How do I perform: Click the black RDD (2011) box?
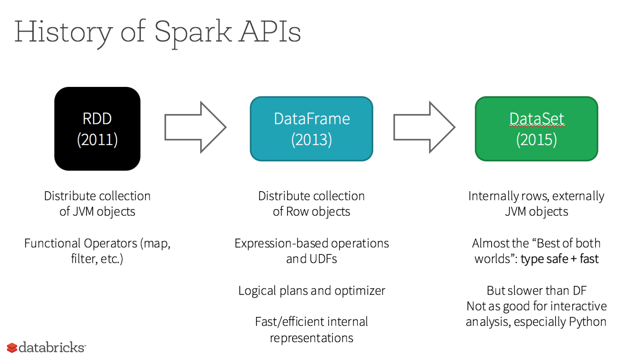(x=97, y=128)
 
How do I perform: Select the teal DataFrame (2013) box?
(x=311, y=128)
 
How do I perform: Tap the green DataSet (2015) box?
(x=536, y=128)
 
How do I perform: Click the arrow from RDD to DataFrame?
(x=195, y=127)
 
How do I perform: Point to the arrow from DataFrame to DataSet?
(x=424, y=127)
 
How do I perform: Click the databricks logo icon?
(x=12, y=348)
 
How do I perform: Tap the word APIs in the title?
(x=270, y=32)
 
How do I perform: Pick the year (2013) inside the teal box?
(x=311, y=140)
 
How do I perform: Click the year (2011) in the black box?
(x=97, y=140)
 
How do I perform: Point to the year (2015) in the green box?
(x=536, y=140)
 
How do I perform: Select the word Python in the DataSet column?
(x=587, y=322)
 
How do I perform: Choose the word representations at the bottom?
(x=311, y=338)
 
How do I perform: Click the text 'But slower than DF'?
(x=536, y=291)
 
